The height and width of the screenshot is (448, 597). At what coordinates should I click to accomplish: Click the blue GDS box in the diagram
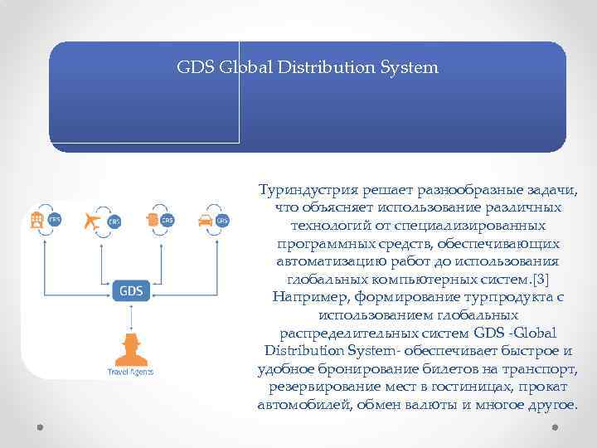point(132,291)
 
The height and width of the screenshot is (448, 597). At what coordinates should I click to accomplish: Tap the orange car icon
point(205,220)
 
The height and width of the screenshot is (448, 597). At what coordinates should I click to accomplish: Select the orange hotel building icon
point(36,220)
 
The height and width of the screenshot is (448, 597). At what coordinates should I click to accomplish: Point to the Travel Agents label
point(131,372)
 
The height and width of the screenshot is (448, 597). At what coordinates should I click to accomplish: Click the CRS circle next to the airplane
point(113,221)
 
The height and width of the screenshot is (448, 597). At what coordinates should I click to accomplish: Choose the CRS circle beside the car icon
point(222,221)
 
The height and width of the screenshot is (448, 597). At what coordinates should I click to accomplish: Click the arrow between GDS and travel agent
point(131,319)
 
